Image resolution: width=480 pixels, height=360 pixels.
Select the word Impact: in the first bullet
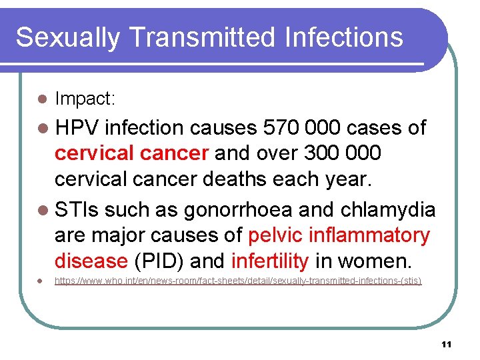coord(85,99)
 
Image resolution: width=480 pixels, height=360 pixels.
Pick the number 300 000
coord(342,153)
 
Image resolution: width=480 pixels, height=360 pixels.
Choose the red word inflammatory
coord(367,235)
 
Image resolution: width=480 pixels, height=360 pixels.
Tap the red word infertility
coord(270,261)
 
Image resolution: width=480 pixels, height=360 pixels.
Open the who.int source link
coord(238,281)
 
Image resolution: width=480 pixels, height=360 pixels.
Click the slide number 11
coord(446,344)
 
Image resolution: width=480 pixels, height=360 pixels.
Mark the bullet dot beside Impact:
coord(41,99)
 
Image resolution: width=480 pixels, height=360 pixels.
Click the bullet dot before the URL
coord(41,281)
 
